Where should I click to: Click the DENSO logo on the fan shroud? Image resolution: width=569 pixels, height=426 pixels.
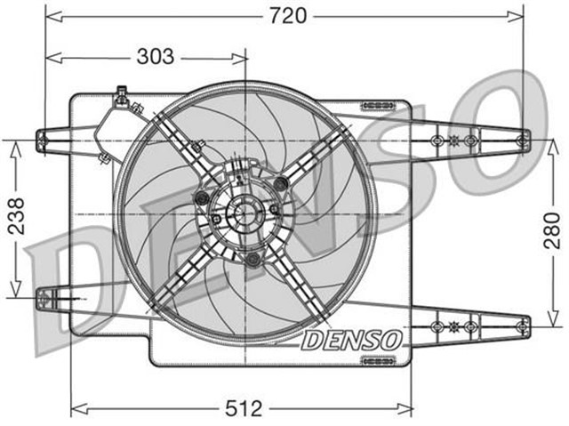tap(352, 340)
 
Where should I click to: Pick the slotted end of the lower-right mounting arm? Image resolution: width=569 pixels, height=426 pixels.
tap(523, 326)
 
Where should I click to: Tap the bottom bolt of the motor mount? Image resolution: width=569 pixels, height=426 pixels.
tap(252, 259)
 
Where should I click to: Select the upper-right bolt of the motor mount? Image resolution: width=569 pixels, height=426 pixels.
tap(283, 183)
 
